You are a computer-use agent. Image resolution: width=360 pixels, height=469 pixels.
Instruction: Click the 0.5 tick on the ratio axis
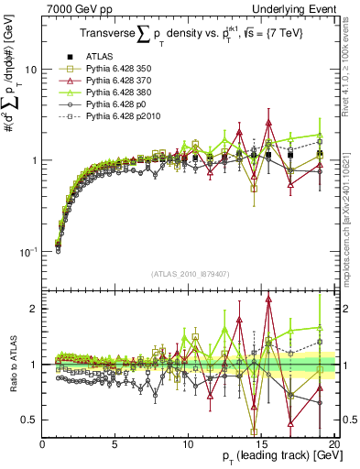pos(31,420)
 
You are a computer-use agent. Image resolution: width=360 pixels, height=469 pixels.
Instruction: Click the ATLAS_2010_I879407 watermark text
pos(188,272)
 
